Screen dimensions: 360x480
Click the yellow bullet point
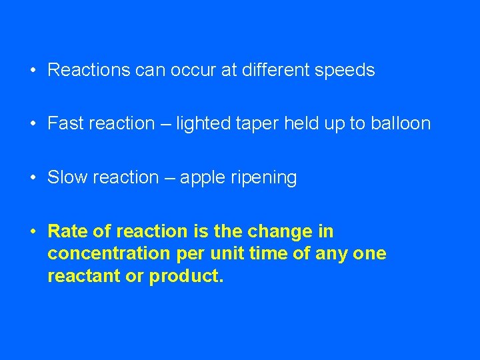tap(32, 231)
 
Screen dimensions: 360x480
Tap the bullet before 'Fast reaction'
tap(32, 123)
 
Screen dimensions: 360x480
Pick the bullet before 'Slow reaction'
tap(32, 177)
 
